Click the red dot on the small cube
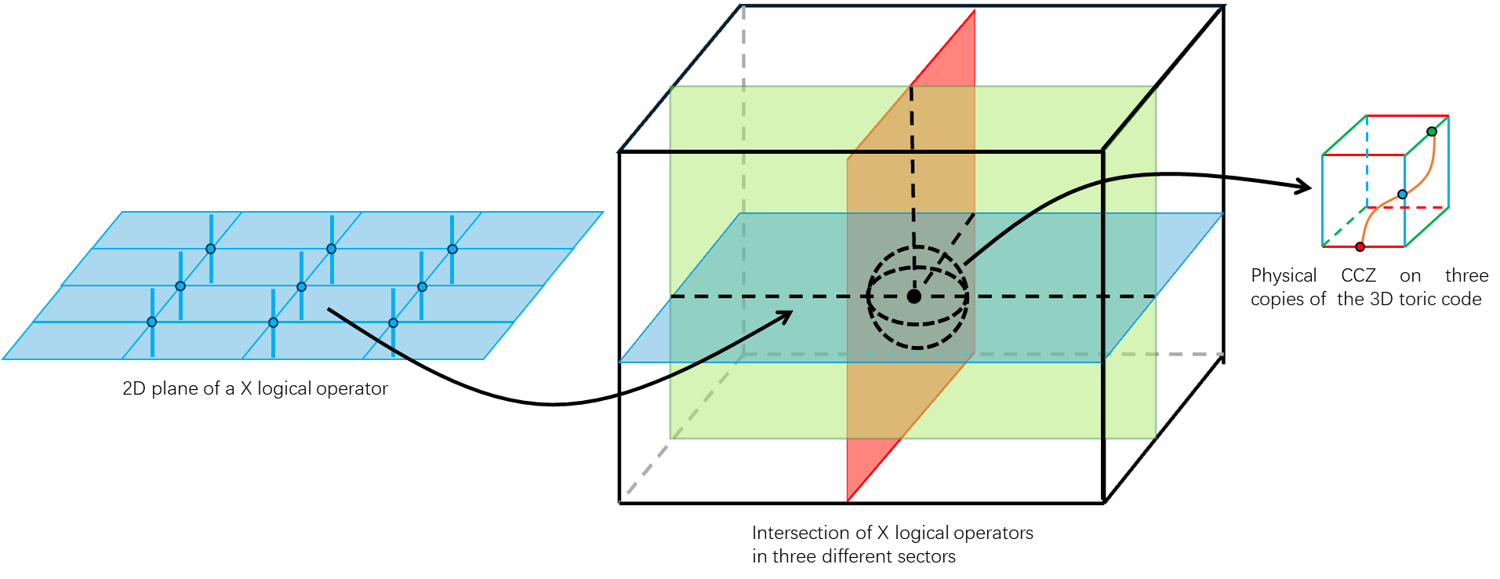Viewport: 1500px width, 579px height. [1360, 247]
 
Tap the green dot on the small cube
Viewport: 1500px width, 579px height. [1432, 131]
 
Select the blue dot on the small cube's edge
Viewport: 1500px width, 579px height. [1403, 194]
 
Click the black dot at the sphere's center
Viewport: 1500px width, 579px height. [913, 297]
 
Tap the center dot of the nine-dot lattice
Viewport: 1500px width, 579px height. [301, 286]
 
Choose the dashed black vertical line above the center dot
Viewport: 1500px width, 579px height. [912, 173]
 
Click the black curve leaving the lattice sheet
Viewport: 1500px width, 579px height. [369, 333]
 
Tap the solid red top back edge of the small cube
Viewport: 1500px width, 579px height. [1407, 116]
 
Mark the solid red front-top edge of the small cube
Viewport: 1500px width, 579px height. [1363, 155]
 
